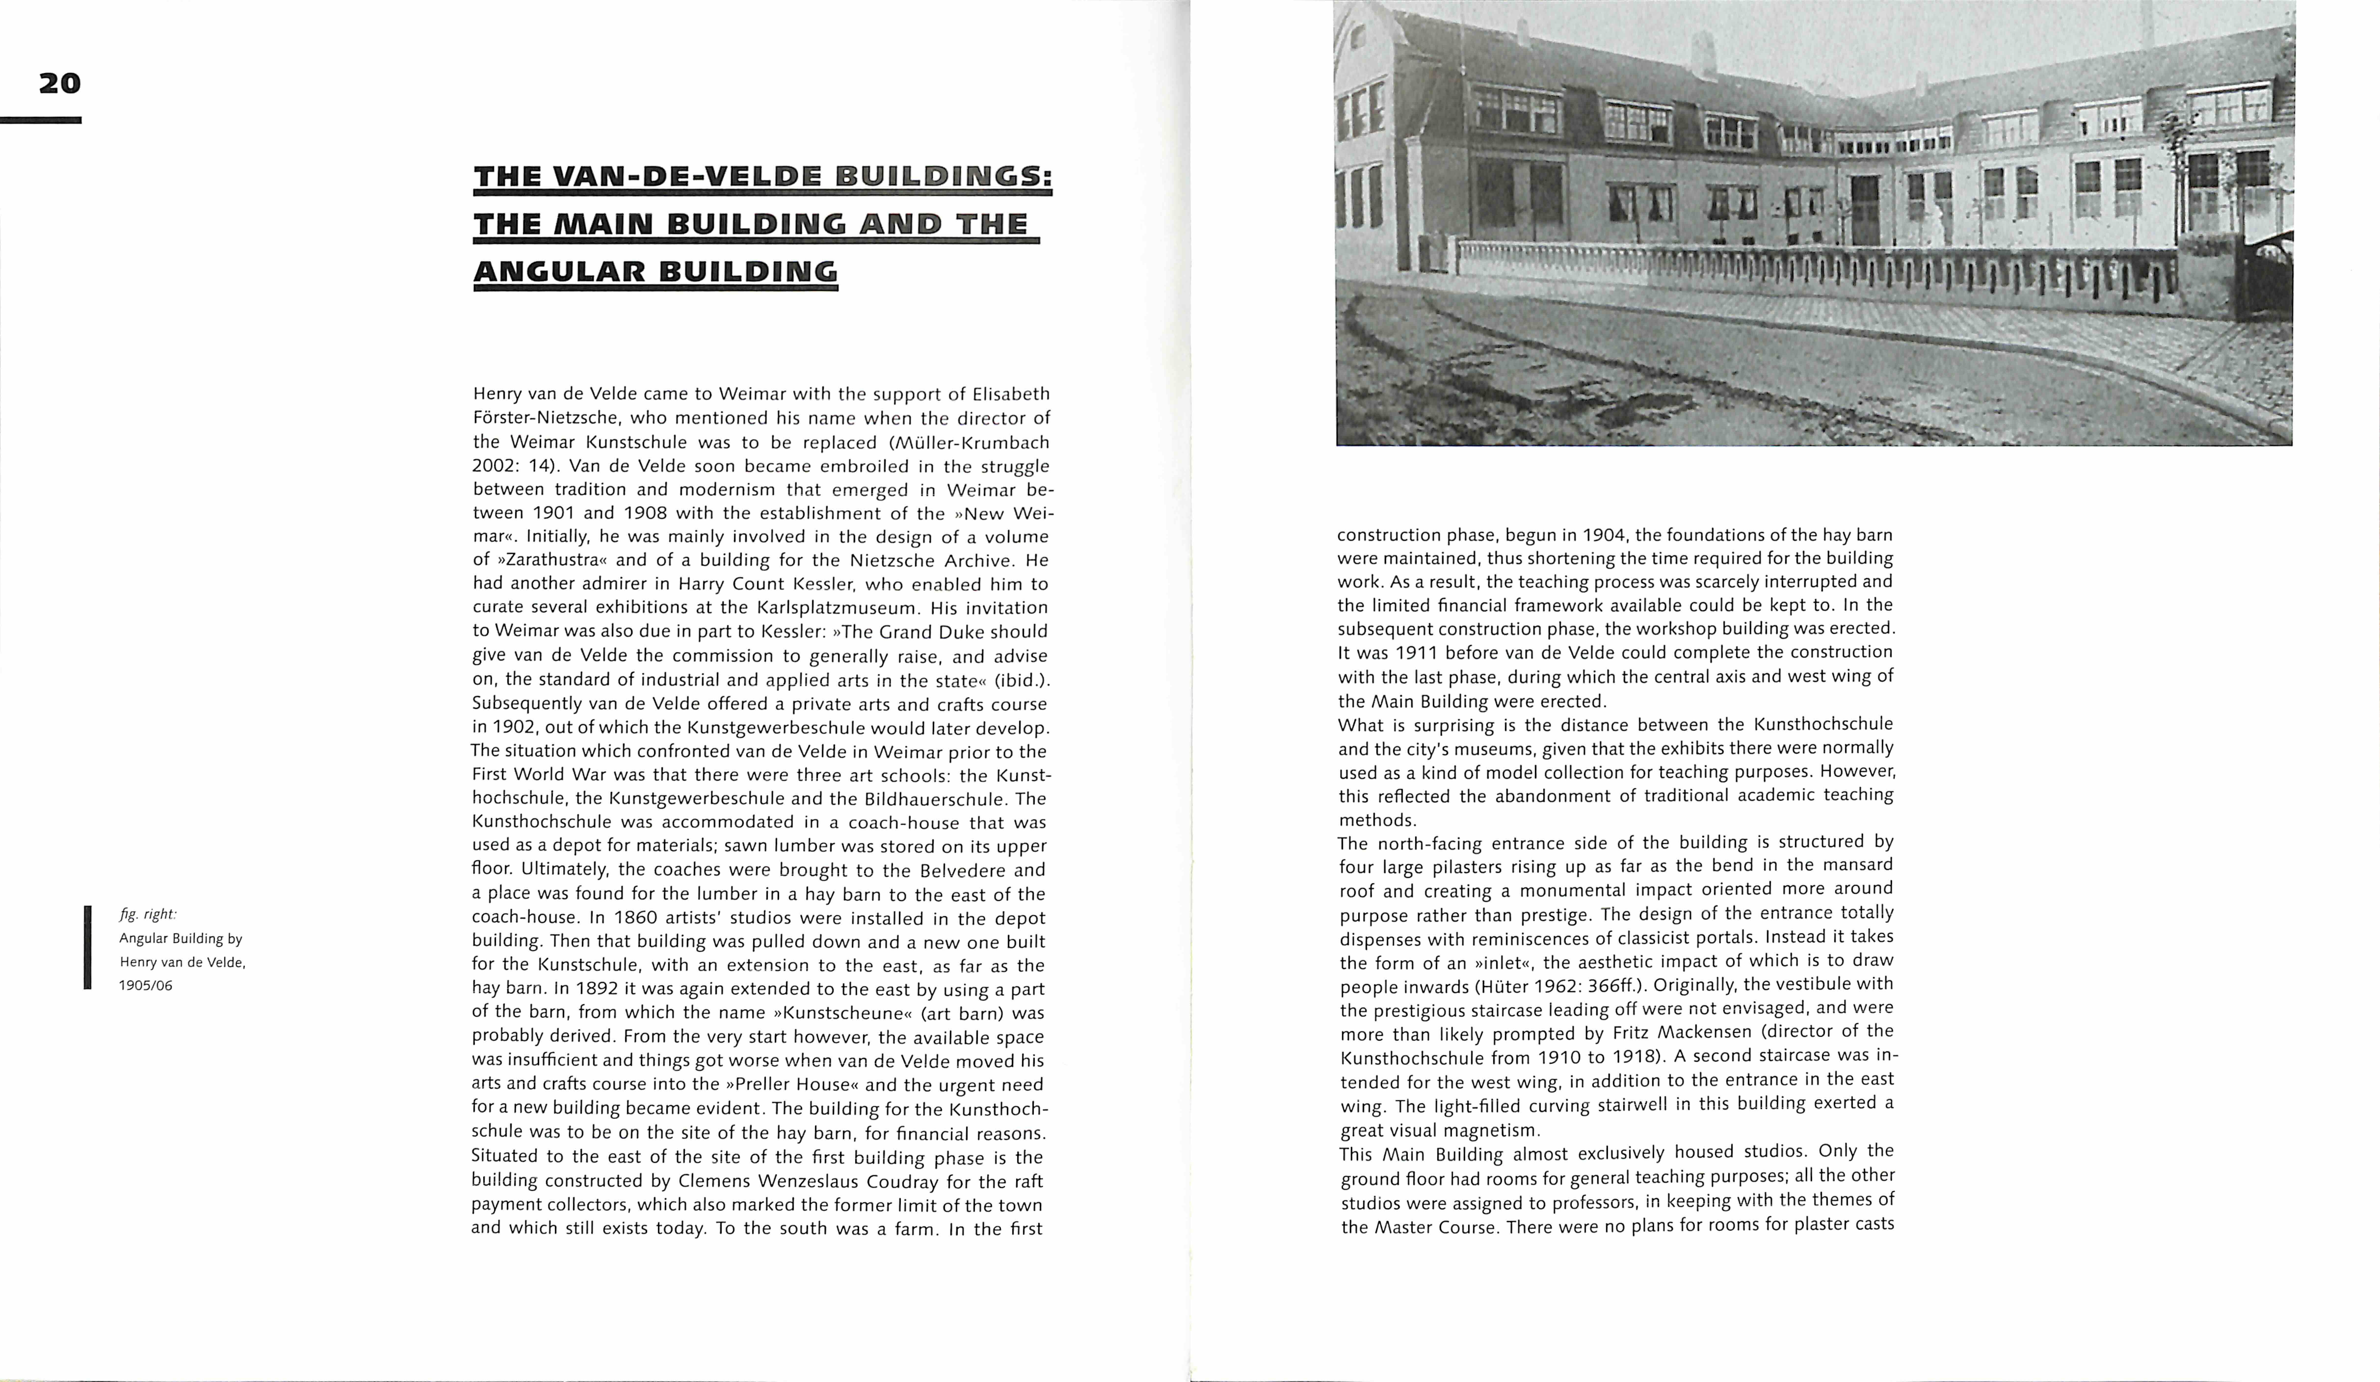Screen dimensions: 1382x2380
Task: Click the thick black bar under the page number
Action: (41, 120)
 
